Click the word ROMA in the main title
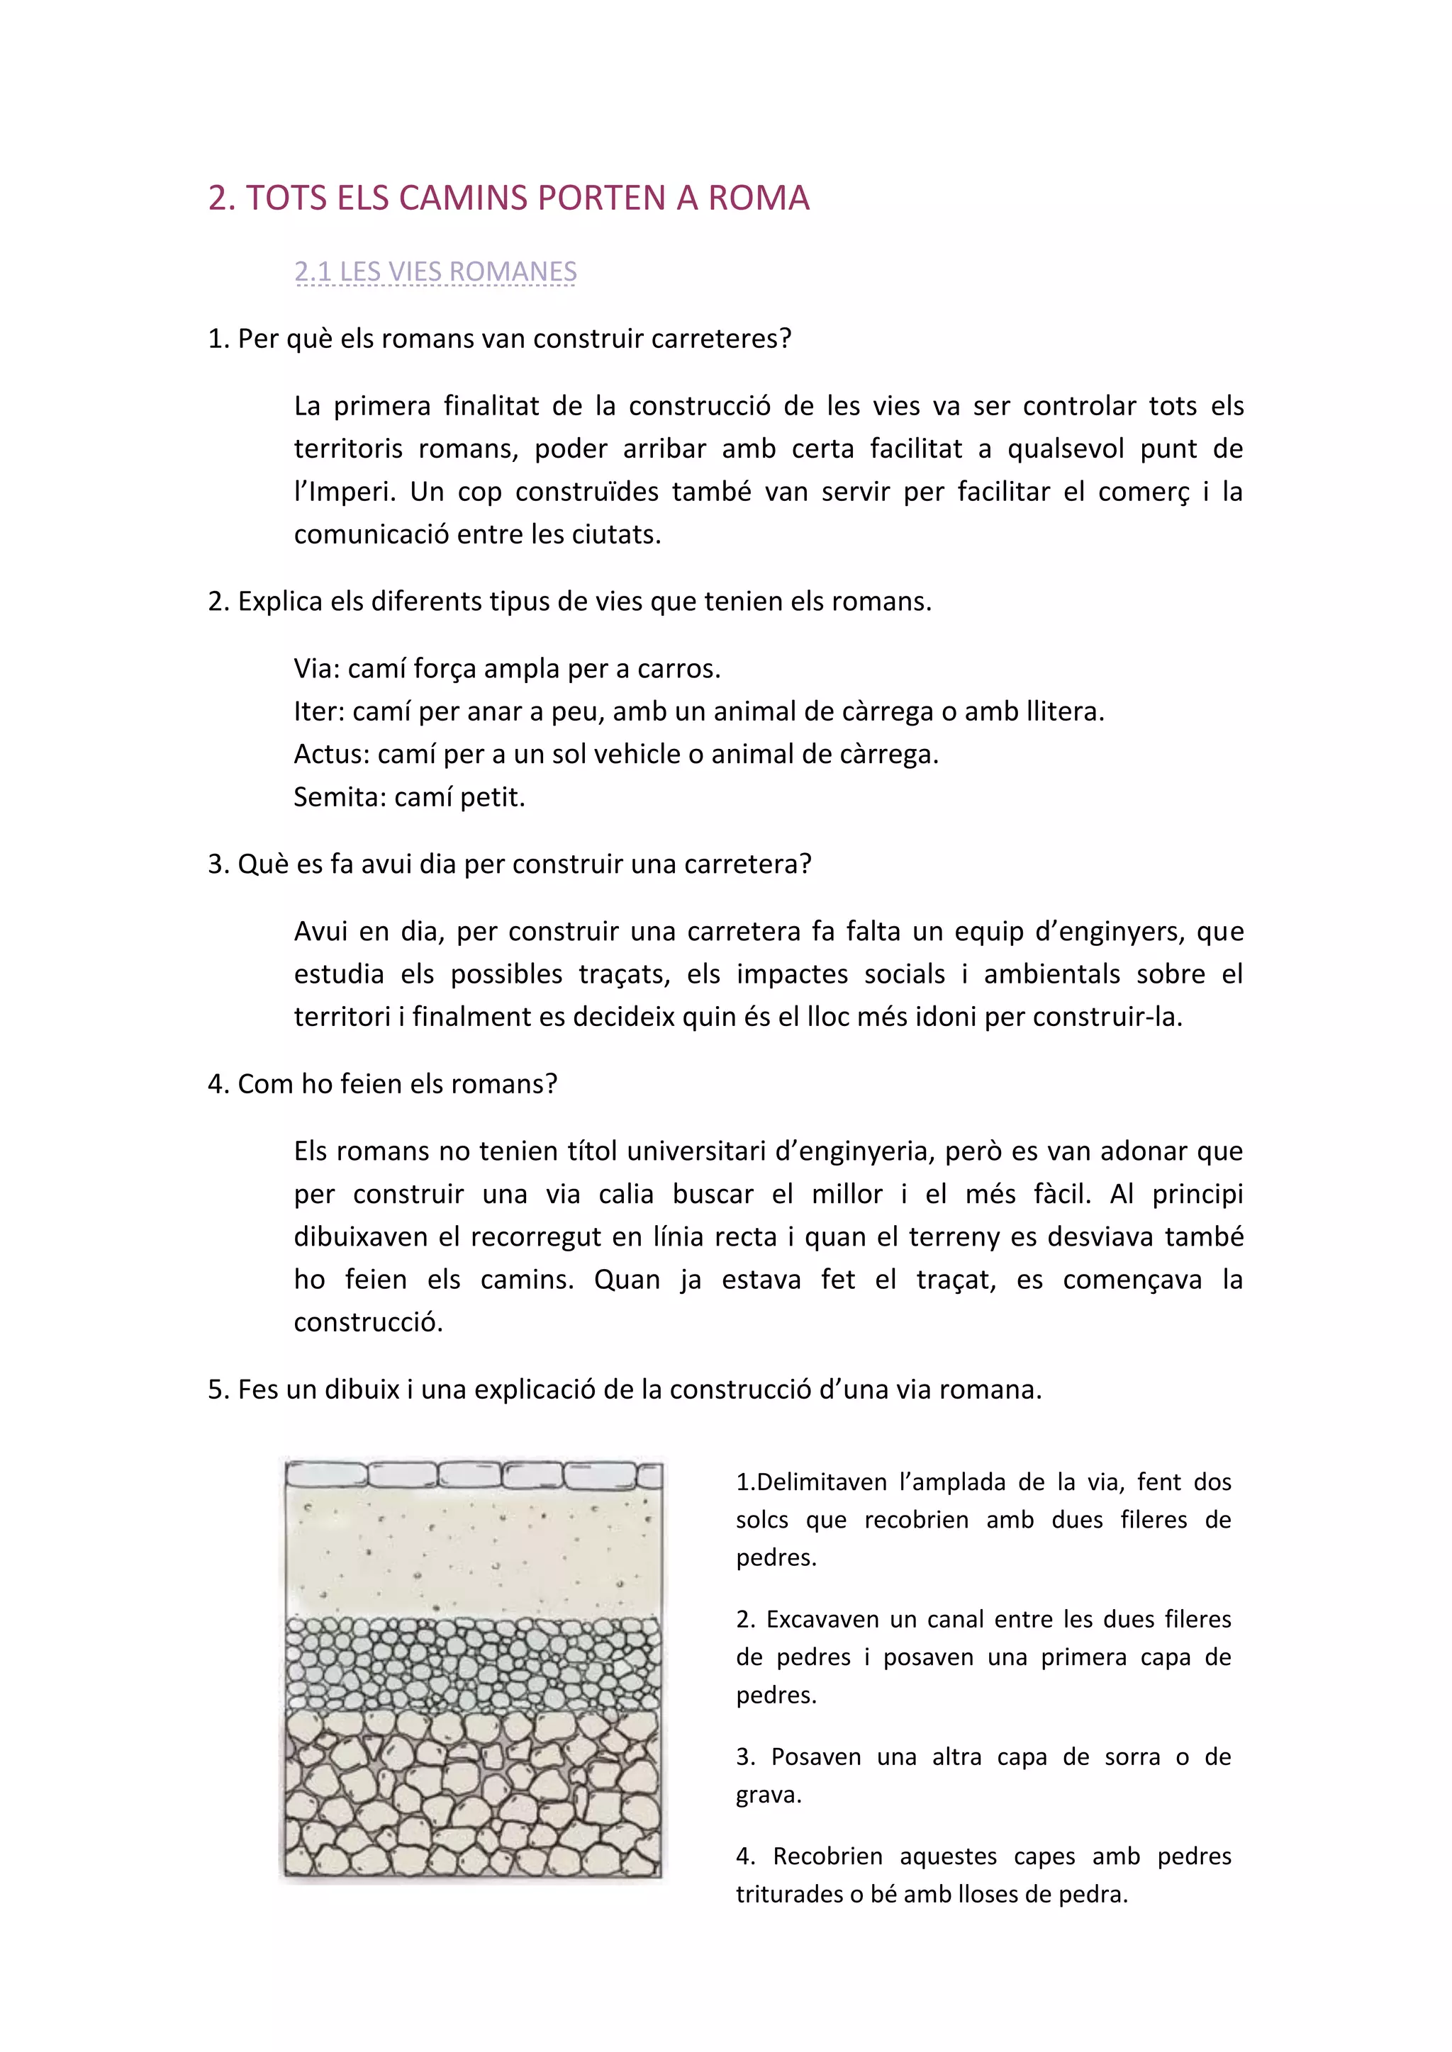[759, 198]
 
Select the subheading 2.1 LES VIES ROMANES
[435, 271]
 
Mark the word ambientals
[1051, 974]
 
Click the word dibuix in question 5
[362, 1389]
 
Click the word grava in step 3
[767, 1795]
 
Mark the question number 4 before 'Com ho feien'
[216, 1084]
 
